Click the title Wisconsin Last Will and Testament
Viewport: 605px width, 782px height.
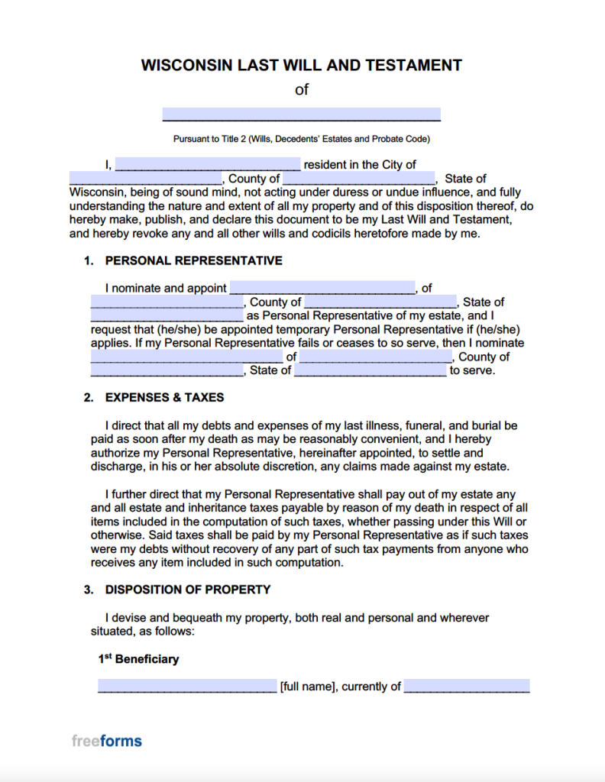(x=302, y=65)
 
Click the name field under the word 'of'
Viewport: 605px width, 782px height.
(x=302, y=115)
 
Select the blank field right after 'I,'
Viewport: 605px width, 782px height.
(x=208, y=164)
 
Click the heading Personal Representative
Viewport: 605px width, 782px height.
(x=193, y=260)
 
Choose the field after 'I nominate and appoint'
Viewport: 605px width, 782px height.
(x=322, y=288)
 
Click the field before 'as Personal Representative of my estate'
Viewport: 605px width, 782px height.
(x=167, y=315)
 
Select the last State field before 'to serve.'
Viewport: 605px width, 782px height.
(x=370, y=370)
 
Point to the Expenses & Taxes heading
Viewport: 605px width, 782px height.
(x=164, y=398)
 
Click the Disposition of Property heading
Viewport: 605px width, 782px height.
(x=188, y=590)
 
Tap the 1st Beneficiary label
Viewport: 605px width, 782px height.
(x=138, y=658)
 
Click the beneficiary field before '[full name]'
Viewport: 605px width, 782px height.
(x=187, y=686)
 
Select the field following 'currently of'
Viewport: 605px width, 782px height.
(x=467, y=686)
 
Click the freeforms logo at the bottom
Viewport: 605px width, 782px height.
(x=107, y=741)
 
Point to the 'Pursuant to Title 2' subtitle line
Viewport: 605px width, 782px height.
(x=302, y=139)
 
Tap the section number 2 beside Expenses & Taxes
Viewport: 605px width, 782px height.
(x=89, y=398)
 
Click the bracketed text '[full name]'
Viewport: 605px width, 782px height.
(x=308, y=687)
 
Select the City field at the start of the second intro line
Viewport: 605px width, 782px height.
(x=145, y=179)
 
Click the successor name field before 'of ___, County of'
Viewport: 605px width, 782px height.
(x=186, y=357)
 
